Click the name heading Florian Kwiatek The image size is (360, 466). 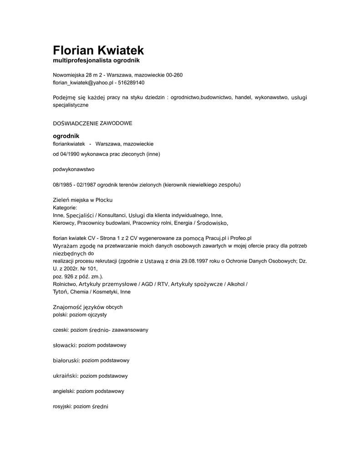pyautogui.click(x=98, y=50)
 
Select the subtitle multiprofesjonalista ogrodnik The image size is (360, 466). pyautogui.click(x=96, y=61)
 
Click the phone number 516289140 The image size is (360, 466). pyautogui.click(x=131, y=83)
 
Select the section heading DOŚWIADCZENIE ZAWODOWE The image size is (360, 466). pyautogui.click(x=92, y=123)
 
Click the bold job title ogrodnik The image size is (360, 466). pyautogui.click(x=66, y=136)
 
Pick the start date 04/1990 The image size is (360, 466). pyautogui.click(x=70, y=154)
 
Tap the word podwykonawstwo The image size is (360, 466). pyautogui.click(x=74, y=169)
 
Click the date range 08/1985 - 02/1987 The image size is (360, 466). pyautogui.click(x=74, y=184)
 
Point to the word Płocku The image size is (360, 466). pyautogui.click(x=104, y=200)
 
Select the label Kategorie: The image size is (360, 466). pyautogui.click(x=65, y=208)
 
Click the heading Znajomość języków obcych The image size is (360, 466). pyautogui.click(x=88, y=307)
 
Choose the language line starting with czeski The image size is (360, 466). pyautogui.click(x=101, y=329)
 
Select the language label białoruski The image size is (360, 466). pyautogui.click(x=66, y=360)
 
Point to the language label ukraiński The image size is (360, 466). pyautogui.click(x=66, y=376)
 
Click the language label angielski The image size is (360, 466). pyautogui.click(x=64, y=391)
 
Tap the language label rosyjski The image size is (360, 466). pyautogui.click(x=62, y=406)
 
